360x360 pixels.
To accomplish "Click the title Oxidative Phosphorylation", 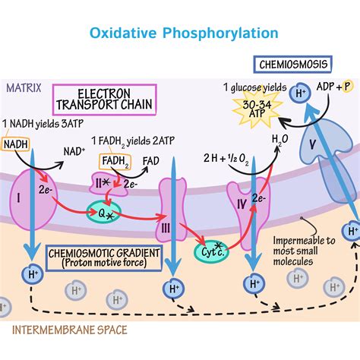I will [x=184, y=33].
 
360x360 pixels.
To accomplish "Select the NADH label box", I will [x=16, y=144].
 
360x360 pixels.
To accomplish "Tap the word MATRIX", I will [x=24, y=88].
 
